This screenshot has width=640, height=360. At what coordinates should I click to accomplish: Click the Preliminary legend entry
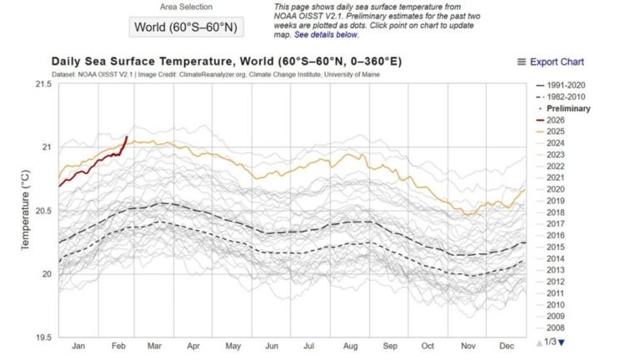coord(566,108)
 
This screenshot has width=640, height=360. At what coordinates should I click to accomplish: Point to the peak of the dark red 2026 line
coord(127,136)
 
